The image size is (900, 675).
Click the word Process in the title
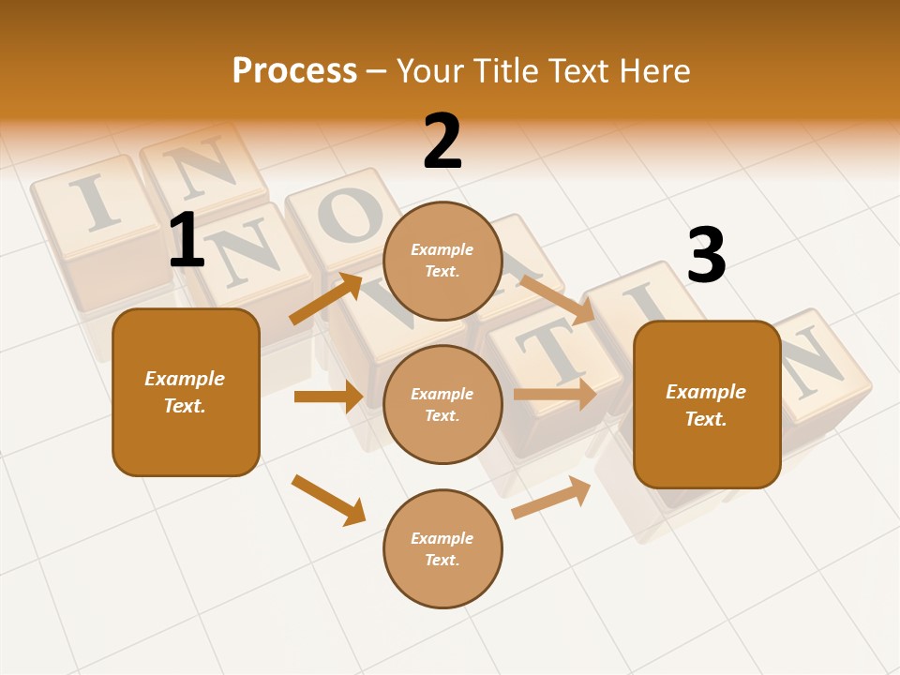[294, 71]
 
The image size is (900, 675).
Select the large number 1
[187, 241]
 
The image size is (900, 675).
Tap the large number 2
[442, 142]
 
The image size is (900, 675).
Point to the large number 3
[706, 256]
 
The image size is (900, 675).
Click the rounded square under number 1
[186, 392]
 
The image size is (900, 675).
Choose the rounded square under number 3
[707, 404]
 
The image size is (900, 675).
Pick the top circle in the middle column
[442, 261]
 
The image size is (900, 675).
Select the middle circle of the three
[442, 404]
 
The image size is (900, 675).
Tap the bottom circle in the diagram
[442, 548]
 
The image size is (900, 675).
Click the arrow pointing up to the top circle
[326, 299]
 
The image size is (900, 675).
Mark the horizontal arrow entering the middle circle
[328, 397]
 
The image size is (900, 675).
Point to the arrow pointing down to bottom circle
[328, 500]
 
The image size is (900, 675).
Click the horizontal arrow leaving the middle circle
[555, 394]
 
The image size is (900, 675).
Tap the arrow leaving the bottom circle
[551, 497]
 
